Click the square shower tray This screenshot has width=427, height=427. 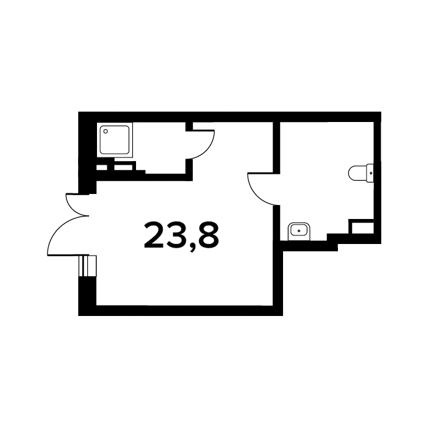pos(115,140)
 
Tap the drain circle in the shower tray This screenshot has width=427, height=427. pos(106,131)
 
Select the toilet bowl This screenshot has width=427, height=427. pos(357,173)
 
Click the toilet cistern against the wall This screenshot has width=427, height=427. pos(370,173)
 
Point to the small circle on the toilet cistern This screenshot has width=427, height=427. pos(371,173)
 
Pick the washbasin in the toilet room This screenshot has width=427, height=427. pos(299,231)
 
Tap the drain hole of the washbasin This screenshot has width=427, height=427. pos(299,231)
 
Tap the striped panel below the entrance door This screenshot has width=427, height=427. pos(87,266)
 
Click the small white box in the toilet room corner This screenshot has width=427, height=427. pos(362,228)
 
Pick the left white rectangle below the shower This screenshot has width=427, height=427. pos(102,168)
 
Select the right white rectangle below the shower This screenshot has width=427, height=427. pos(123,168)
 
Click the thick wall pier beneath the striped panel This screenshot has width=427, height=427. pos(87,295)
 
